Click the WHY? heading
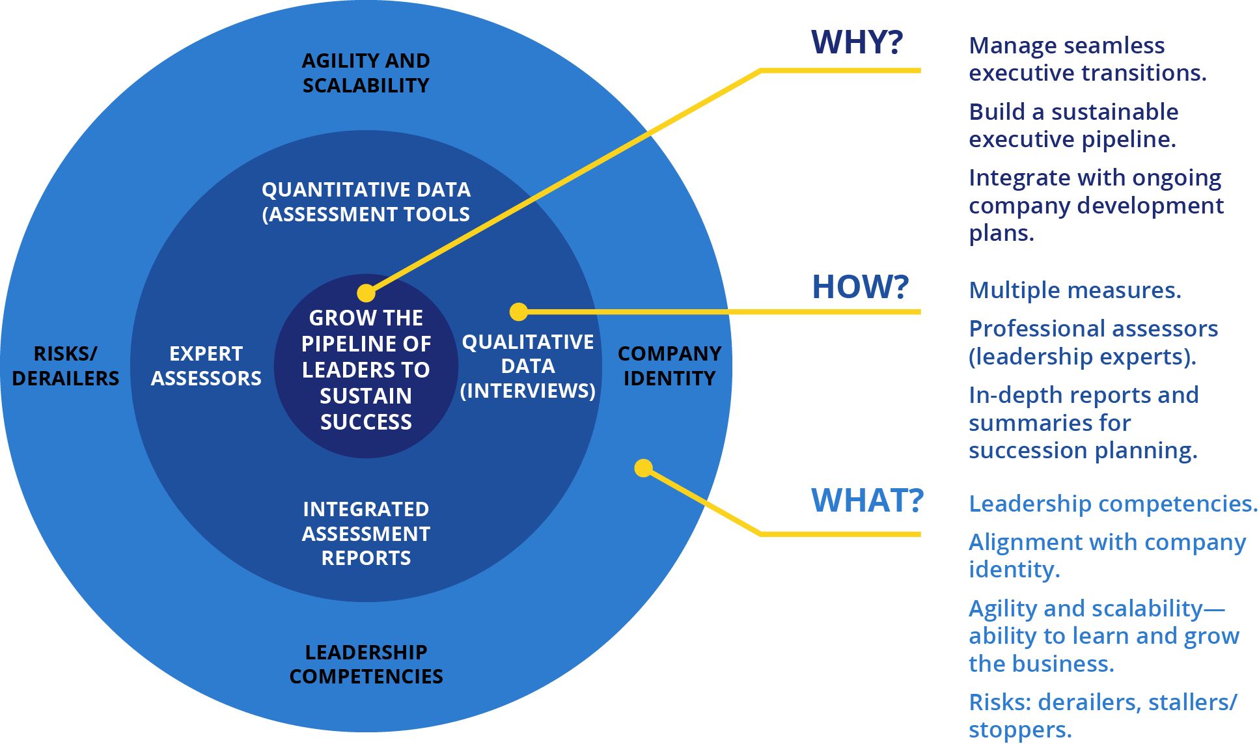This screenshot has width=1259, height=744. coord(857,42)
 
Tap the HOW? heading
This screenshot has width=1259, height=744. coord(860,287)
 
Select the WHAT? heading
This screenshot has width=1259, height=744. coord(867,501)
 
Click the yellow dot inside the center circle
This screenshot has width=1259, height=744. coord(367,293)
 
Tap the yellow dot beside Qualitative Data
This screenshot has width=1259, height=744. coord(518,312)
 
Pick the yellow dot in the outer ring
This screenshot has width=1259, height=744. coord(643,468)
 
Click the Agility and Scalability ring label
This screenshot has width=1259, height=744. coord(366,73)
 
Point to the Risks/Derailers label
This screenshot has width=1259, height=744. coord(65,366)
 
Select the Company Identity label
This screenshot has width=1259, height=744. coord(669,366)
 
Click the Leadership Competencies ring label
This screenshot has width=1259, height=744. coord(366,664)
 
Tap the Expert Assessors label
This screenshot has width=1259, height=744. coord(206,366)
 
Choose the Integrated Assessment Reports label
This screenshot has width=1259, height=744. coord(366,533)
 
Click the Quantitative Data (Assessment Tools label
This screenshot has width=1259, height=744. coord(366,202)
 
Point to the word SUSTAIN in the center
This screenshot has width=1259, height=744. coord(366,396)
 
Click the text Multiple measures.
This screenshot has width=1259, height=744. coord(1075,290)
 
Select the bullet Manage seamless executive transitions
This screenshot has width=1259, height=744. coord(1087,59)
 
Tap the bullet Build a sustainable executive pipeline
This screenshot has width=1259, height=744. coord(1073,126)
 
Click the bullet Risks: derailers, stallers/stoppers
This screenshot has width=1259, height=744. coord(1103,715)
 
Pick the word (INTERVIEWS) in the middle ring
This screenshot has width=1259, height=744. coord(528,391)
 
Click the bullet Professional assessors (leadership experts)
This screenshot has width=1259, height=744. coord(1093,342)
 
